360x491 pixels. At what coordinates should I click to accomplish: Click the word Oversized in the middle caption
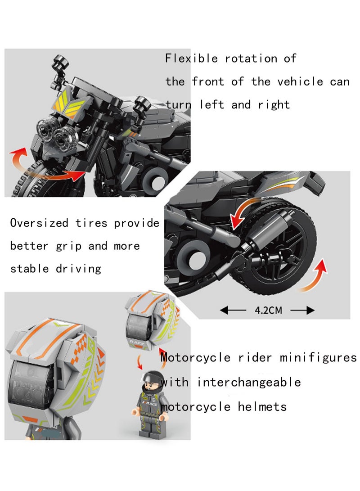39,223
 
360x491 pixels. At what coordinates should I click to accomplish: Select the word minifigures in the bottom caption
318,358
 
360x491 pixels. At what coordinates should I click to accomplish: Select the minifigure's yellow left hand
134,412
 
